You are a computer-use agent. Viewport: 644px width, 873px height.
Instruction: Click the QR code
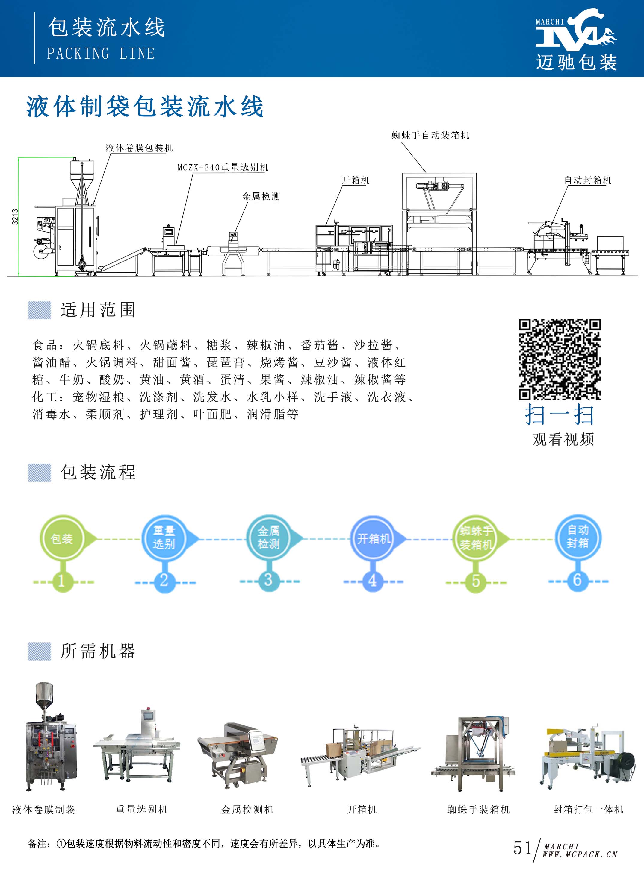pos(560,359)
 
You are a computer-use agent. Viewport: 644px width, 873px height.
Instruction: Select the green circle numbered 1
pos(61,581)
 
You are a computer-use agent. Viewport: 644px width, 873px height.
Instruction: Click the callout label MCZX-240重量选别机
pos(223,167)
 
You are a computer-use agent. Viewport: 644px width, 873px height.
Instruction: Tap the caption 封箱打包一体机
pos(588,810)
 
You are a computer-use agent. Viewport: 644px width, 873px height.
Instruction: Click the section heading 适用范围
pos(98,310)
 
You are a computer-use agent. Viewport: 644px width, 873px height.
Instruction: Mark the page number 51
pos(522,848)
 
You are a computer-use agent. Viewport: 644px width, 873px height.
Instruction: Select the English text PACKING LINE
pos(101,54)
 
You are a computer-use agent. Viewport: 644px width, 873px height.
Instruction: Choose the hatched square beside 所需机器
pos(39,652)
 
